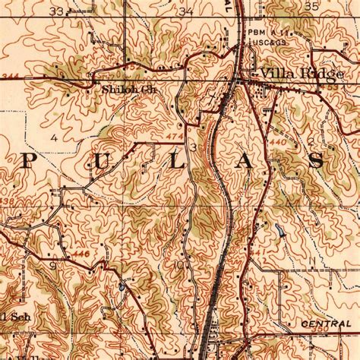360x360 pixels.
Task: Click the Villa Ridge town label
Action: coord(292,73)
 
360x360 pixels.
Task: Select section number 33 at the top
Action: coord(55,11)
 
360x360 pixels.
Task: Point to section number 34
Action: coord(185,11)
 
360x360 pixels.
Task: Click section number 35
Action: coord(311,6)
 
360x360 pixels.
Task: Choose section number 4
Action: coord(54,138)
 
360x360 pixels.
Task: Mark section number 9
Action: coord(52,267)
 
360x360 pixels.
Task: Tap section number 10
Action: coord(178,265)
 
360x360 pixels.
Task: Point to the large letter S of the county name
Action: coord(317,160)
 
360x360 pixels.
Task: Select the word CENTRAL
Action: coord(325,324)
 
